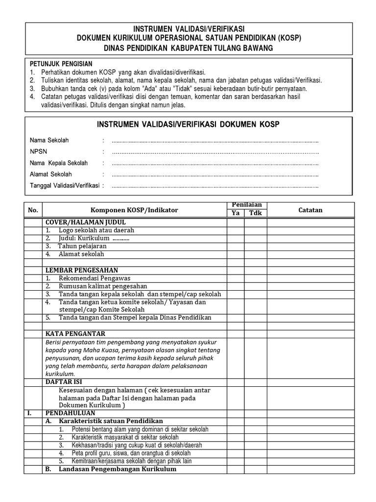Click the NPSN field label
(37, 152)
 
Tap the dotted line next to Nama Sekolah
(215, 141)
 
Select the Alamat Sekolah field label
(51, 175)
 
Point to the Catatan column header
(310, 210)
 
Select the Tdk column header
(256, 213)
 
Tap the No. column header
(33, 210)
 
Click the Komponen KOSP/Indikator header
(134, 210)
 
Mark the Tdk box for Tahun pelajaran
(256, 246)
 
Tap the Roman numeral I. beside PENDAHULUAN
(30, 413)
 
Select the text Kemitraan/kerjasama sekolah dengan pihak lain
(131, 461)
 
